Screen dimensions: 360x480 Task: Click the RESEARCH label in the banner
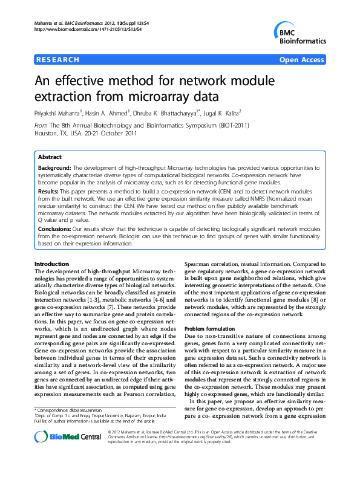[x=58, y=60]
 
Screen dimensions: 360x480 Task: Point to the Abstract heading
[x=50, y=157]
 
